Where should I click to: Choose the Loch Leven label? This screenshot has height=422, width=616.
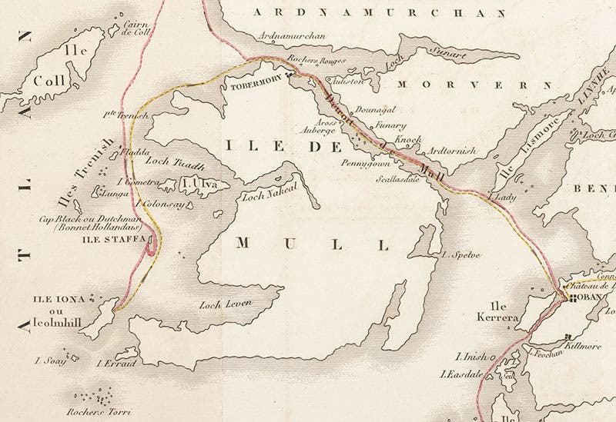(226, 304)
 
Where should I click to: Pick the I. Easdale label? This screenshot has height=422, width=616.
(459, 375)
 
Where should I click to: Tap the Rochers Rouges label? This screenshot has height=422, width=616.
(316, 59)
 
